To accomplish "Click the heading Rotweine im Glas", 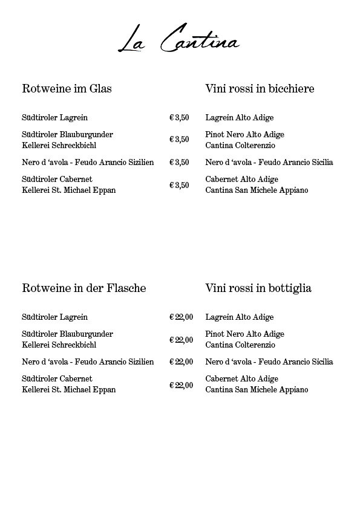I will pyautogui.click(x=67, y=89).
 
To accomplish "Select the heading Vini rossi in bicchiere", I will pyautogui.click(x=260, y=89).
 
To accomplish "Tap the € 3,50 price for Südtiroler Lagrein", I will pyautogui.click(x=179, y=117).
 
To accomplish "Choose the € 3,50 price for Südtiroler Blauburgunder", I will pyautogui.click(x=179, y=140).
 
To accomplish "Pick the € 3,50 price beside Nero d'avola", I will pyautogui.click(x=179, y=162).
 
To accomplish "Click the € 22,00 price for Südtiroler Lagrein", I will pyautogui.click(x=181, y=317).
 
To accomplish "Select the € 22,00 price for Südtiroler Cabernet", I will pyautogui.click(x=181, y=384).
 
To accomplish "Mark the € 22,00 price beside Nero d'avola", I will pyautogui.click(x=181, y=361).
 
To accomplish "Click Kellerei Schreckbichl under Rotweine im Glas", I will pyautogui.click(x=59, y=146).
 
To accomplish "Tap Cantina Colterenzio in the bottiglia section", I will pyautogui.click(x=240, y=345).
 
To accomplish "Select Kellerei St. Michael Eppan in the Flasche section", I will pyautogui.click(x=68, y=390).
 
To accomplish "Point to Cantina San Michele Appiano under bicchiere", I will pyautogui.click(x=257, y=190).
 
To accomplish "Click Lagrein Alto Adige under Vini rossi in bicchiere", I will pyautogui.click(x=240, y=117).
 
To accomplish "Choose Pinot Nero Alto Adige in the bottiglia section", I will pyautogui.click(x=244, y=334).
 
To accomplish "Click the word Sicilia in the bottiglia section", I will pyautogui.click(x=320, y=361).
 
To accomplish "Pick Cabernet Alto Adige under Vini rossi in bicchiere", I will pyautogui.click(x=242, y=179).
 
